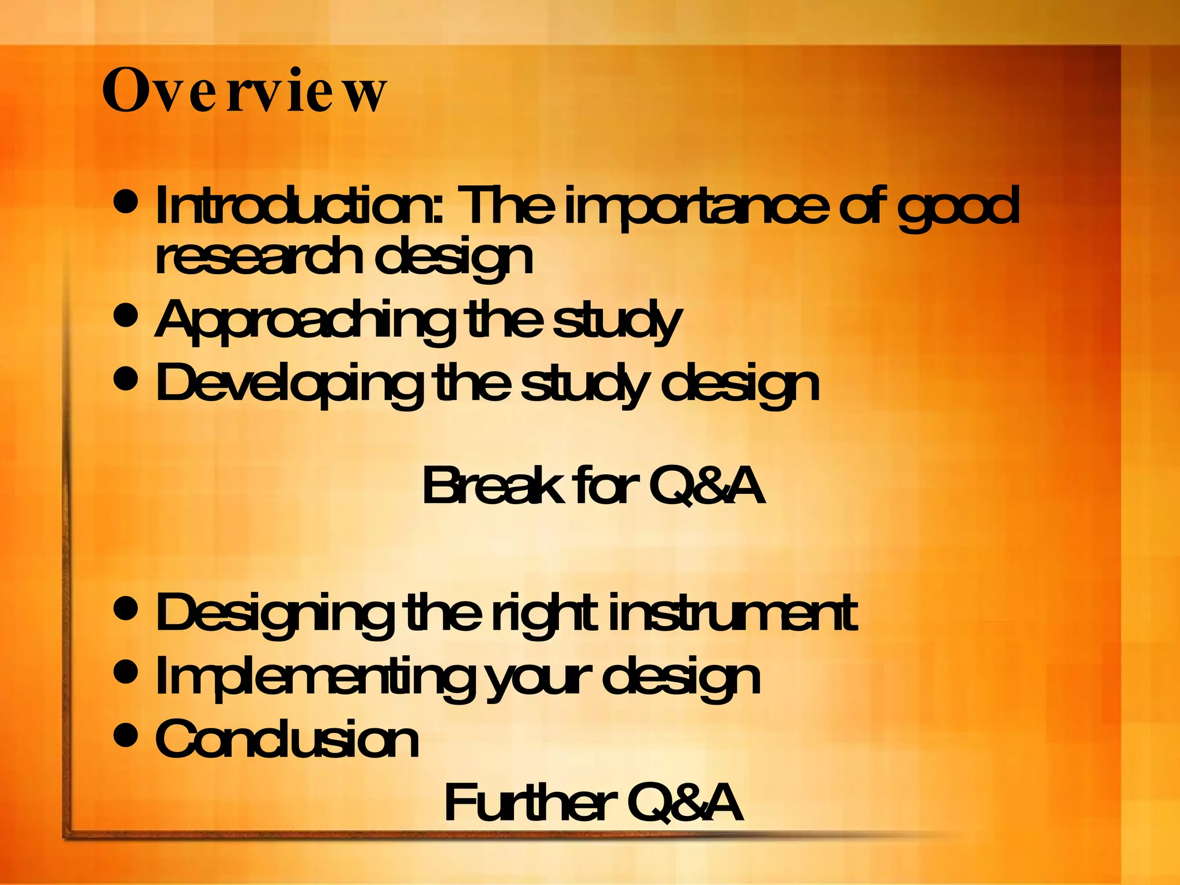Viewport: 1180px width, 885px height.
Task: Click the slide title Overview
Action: [244, 91]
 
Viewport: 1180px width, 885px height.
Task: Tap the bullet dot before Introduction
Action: [126, 201]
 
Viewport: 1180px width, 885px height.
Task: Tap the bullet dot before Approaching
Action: [126, 315]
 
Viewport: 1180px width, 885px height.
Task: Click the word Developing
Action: [288, 384]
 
